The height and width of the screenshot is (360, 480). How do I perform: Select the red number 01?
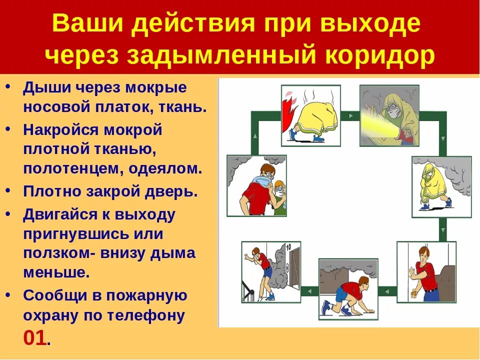[x=35, y=338]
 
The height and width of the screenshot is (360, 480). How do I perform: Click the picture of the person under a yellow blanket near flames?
[x=310, y=115]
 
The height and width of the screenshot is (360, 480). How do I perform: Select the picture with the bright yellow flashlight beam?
[x=389, y=115]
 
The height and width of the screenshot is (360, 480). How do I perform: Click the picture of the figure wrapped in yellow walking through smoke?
[x=441, y=186]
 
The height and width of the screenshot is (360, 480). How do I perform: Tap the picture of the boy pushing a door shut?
[x=426, y=271]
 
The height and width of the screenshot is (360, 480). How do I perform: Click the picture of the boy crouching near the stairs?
[x=271, y=271]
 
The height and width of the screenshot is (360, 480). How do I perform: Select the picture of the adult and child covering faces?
[x=256, y=185]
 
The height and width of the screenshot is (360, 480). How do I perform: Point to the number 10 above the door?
[x=288, y=246]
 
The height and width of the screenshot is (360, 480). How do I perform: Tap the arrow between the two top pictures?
[x=350, y=116]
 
